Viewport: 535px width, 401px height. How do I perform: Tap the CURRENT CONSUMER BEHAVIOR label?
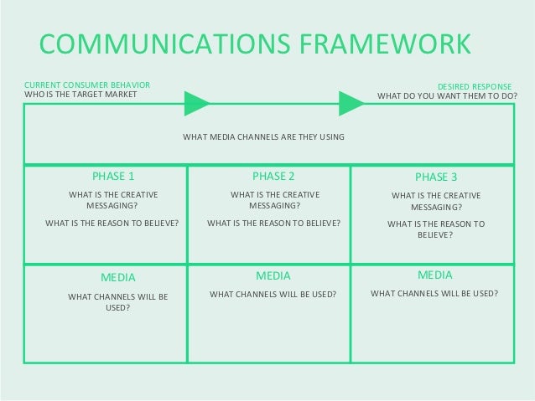pyautogui.click(x=87, y=85)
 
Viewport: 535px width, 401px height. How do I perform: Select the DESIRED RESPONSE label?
pyautogui.click(x=476, y=86)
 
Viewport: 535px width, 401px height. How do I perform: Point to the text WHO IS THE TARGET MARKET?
pyautogui.click(x=81, y=95)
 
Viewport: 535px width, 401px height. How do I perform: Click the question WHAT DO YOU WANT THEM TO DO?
pyautogui.click(x=447, y=95)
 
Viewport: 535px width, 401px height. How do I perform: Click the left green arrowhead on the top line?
pyautogui.click(x=196, y=104)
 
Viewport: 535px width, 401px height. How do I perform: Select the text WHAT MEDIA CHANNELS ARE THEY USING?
pyautogui.click(x=264, y=136)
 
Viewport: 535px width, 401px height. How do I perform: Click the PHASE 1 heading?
pyautogui.click(x=112, y=177)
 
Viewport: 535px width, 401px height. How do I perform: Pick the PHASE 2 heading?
pyautogui.click(x=273, y=177)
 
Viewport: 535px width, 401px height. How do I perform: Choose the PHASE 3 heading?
pyautogui.click(x=436, y=177)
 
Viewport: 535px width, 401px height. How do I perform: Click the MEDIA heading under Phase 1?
pyautogui.click(x=117, y=276)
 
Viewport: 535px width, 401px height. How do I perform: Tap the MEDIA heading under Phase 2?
pyautogui.click(x=273, y=275)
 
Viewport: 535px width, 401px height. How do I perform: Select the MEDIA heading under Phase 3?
pyautogui.click(x=434, y=274)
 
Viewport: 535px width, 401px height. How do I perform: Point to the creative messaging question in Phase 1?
pyautogui.click(x=113, y=199)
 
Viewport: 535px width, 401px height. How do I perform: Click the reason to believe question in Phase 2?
pyautogui.click(x=273, y=224)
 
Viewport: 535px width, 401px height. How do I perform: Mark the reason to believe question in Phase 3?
pyautogui.click(x=436, y=229)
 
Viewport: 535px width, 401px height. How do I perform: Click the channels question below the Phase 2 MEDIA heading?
pyautogui.click(x=273, y=295)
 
